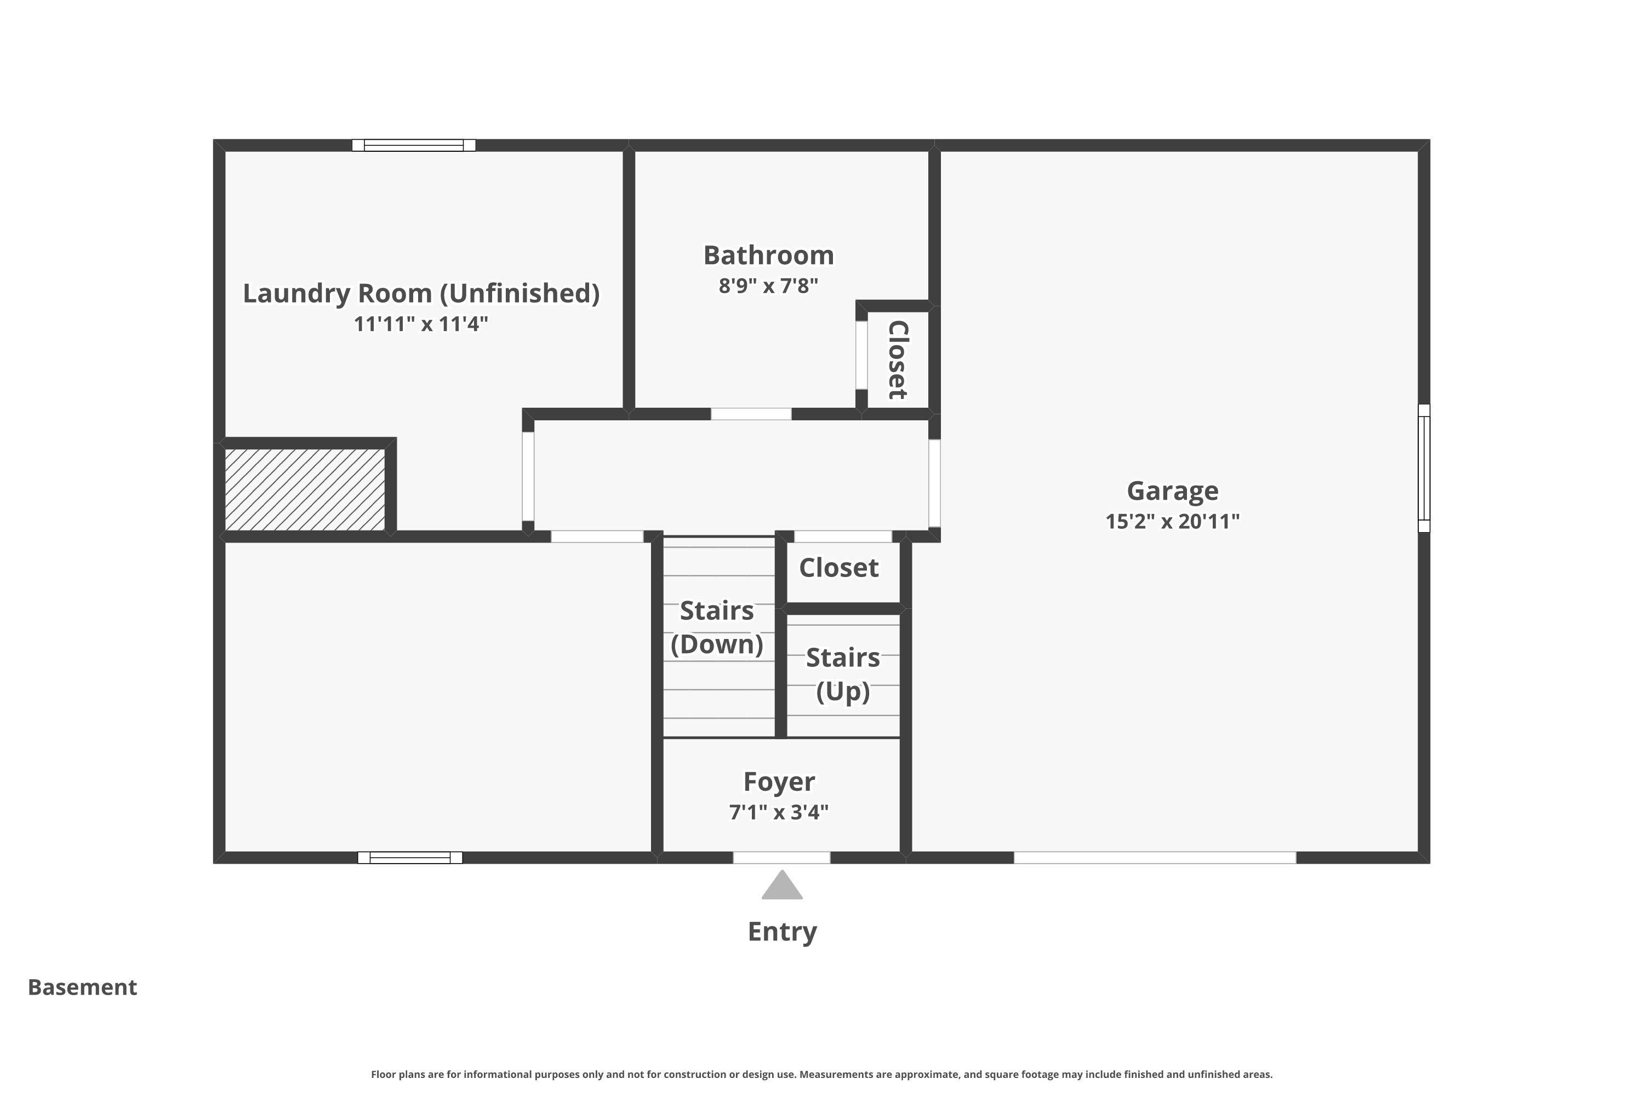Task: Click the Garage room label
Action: (x=1172, y=492)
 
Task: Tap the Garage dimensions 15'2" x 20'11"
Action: (x=1172, y=522)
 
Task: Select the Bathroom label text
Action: (x=768, y=255)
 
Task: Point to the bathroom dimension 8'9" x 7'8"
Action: (x=768, y=286)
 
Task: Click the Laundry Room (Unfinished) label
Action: (x=421, y=294)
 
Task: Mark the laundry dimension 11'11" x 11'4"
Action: (x=421, y=324)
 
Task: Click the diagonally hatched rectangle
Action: (x=305, y=489)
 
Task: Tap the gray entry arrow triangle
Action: (x=781, y=884)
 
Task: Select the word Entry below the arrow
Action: (x=782, y=932)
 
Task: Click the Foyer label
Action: (x=779, y=781)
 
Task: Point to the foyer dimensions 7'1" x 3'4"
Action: (x=779, y=812)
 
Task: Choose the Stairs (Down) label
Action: (x=717, y=627)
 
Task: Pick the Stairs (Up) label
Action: (x=843, y=675)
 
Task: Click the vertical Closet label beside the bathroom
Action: (x=898, y=360)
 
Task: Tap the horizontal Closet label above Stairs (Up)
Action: (x=839, y=568)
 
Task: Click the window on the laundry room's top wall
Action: (x=414, y=145)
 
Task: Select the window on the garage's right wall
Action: (x=1424, y=469)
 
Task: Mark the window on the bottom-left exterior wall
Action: (x=410, y=858)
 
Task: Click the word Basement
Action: (x=83, y=987)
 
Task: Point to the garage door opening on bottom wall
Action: (x=1155, y=858)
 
